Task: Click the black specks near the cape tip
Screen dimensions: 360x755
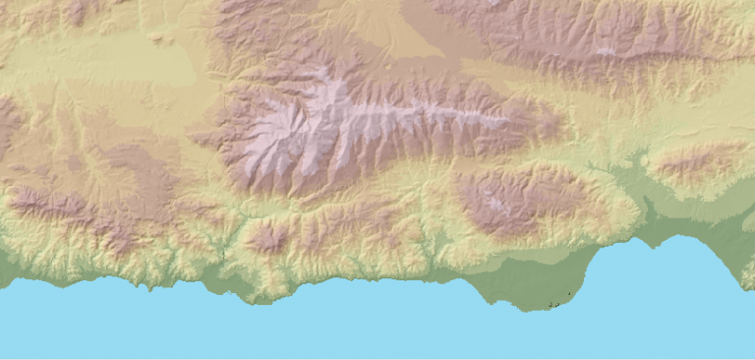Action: click(x=558, y=304)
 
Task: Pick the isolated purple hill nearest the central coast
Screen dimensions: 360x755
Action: click(x=268, y=237)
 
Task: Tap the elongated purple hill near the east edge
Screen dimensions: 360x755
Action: click(x=698, y=162)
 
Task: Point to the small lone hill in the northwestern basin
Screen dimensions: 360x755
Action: click(x=158, y=39)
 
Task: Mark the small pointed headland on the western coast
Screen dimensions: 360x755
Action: click(x=149, y=289)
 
